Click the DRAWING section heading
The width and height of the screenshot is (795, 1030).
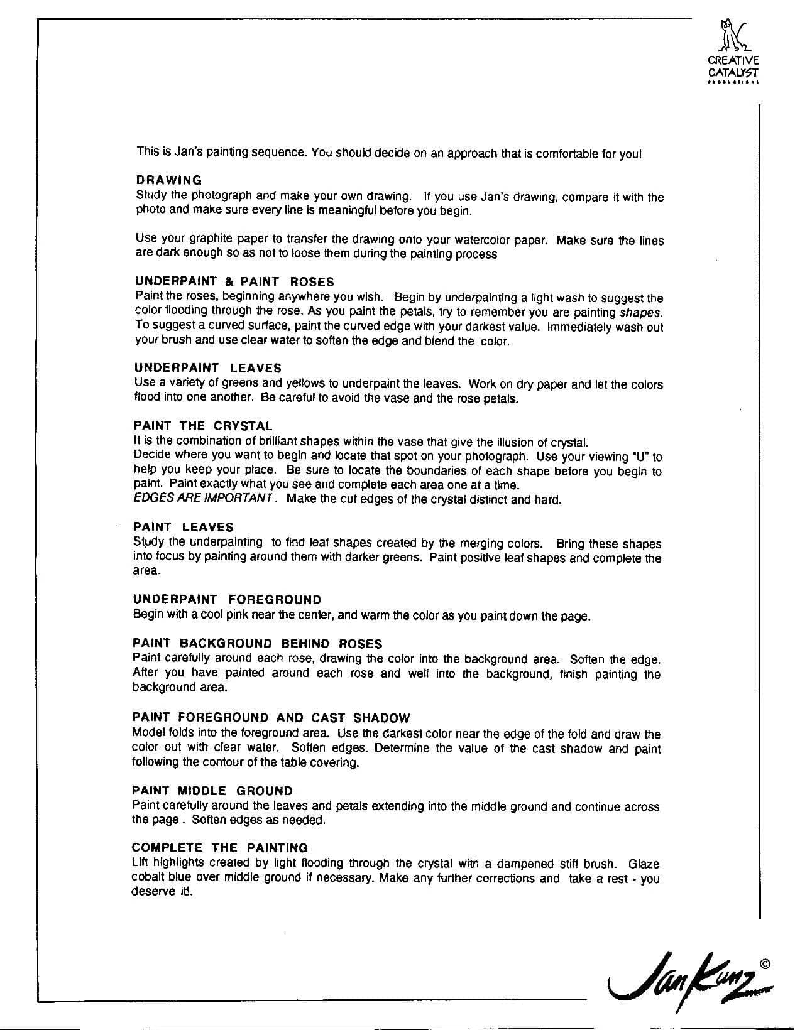pyautogui.click(x=168, y=180)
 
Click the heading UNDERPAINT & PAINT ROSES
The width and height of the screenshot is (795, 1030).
pyautogui.click(x=234, y=281)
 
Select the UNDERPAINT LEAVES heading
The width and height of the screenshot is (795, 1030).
pyautogui.click(x=207, y=368)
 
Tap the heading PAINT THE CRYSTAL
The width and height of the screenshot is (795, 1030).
pyautogui.click(x=203, y=426)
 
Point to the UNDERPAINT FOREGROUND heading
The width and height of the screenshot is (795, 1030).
pyautogui.click(x=227, y=600)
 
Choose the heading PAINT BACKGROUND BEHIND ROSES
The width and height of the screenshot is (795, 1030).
pyautogui.click(x=257, y=644)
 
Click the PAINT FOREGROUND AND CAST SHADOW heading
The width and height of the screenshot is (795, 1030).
pyautogui.click(x=271, y=718)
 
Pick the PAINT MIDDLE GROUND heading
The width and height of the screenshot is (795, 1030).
pyautogui.click(x=212, y=791)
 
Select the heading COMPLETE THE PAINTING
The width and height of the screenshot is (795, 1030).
pyautogui.click(x=220, y=848)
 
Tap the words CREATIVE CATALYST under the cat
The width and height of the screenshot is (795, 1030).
pyautogui.click(x=733, y=67)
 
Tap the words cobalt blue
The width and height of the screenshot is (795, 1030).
pyautogui.click(x=157, y=878)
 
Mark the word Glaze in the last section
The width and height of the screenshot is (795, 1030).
pyautogui.click(x=644, y=864)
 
